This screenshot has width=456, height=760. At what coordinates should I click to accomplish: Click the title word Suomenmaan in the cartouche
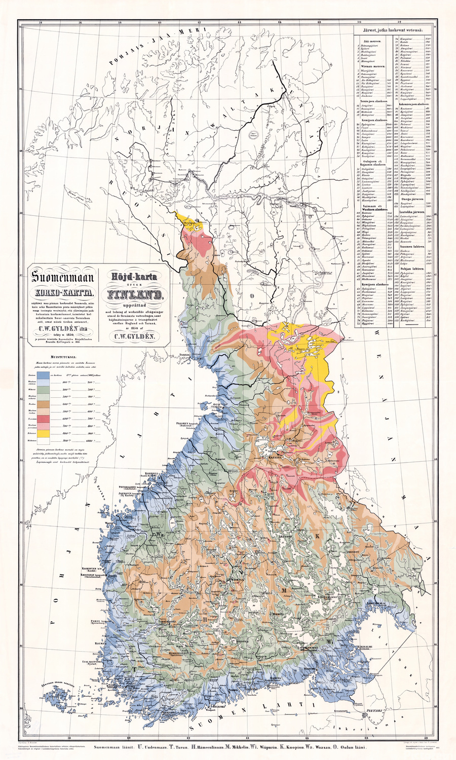point(62,277)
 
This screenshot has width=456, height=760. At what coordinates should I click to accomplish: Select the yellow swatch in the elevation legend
point(43,433)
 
